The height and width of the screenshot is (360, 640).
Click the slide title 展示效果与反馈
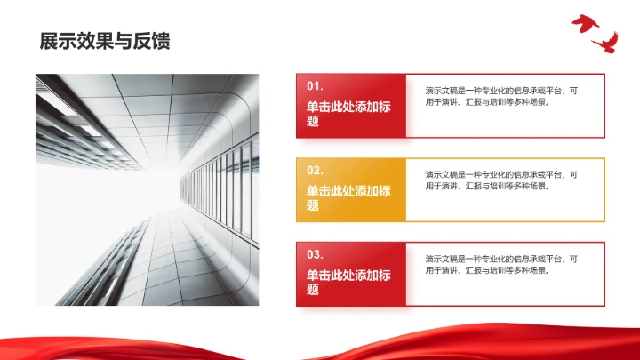pos(105,41)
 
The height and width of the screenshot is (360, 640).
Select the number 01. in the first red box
pos(315,86)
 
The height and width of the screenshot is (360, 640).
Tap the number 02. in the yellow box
pos(315,170)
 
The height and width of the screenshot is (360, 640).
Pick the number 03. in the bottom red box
pos(315,253)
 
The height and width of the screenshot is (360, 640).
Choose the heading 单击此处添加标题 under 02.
pos(348,197)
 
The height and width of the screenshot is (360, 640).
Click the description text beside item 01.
pos(501,96)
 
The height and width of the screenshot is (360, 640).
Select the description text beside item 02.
pos(501,180)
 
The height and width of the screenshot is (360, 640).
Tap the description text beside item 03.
pos(501,264)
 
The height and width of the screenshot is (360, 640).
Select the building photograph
pos(147,189)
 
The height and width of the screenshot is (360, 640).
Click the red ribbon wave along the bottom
pos(320,348)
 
